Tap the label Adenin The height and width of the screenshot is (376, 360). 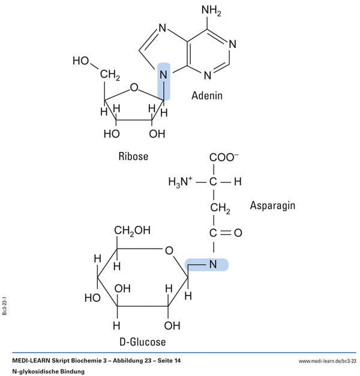(x=208, y=95)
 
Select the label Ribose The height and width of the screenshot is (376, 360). (x=133, y=156)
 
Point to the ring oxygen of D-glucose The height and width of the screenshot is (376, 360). (x=169, y=250)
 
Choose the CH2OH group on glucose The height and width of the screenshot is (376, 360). (x=133, y=229)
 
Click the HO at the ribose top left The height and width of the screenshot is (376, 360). (x=80, y=61)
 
